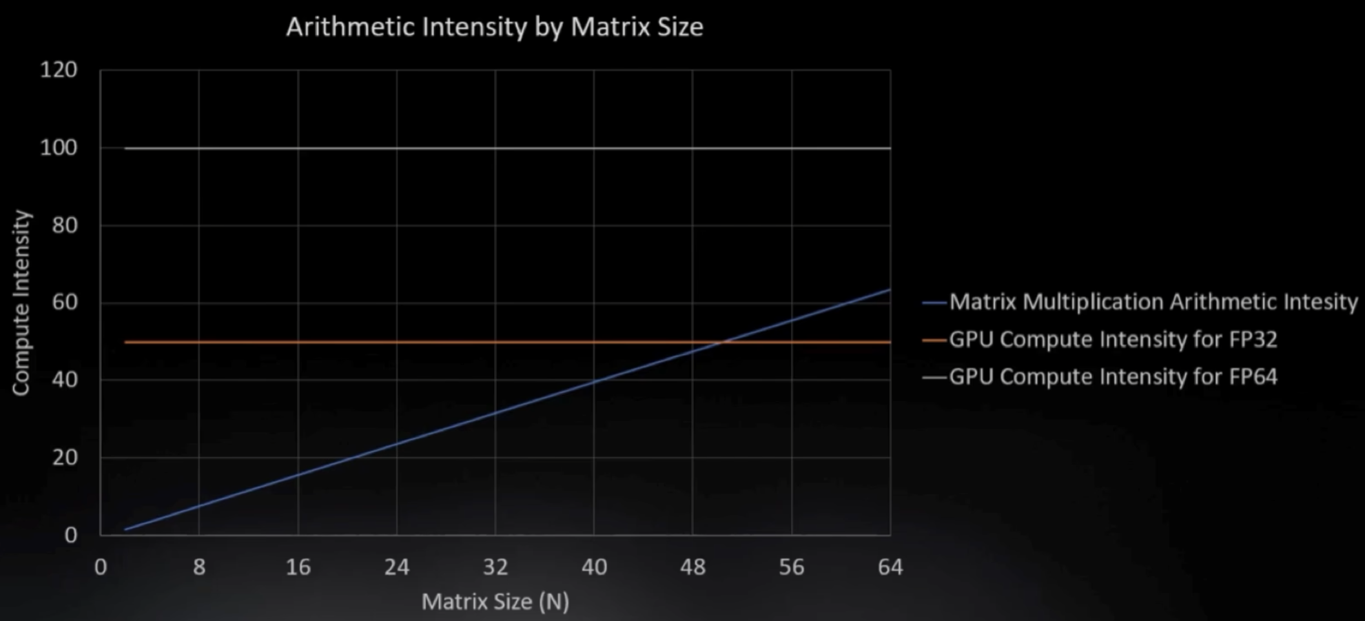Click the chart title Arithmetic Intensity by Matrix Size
(495, 27)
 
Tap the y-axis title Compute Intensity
(21, 302)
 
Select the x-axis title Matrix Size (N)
(495, 602)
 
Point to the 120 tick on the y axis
(59, 70)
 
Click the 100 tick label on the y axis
(59, 148)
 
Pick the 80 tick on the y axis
(65, 225)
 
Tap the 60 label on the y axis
(65, 302)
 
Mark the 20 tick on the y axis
(65, 457)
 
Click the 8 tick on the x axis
(199, 567)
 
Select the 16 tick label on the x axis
(298, 567)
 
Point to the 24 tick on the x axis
(396, 567)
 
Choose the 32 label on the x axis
(495, 567)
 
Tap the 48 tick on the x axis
(693, 567)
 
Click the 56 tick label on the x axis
(792, 567)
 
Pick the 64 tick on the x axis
(890, 567)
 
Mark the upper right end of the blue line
(890, 290)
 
